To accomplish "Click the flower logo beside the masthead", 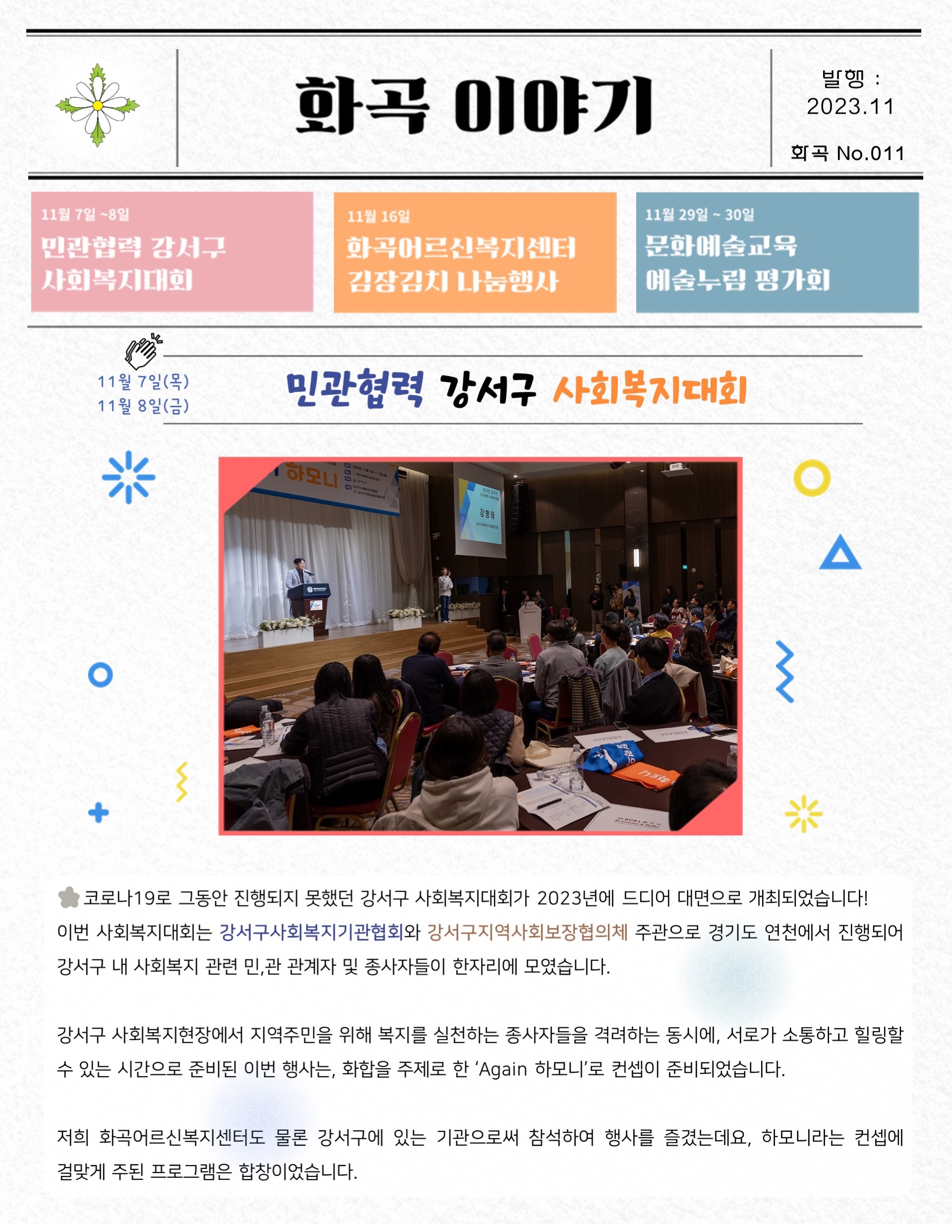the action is tap(98, 105).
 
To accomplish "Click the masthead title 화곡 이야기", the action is tap(474, 105).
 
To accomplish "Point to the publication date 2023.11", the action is tap(850, 107).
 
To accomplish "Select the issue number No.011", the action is tap(870, 153).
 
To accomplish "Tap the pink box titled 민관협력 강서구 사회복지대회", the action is tap(172, 251).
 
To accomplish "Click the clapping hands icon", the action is tap(143, 351).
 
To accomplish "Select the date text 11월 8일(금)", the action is tap(143, 406).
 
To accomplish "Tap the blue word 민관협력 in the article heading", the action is tap(355, 388).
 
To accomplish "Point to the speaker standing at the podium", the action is tap(298, 586).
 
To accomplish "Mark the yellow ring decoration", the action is tap(812, 478).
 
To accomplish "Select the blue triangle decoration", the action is tap(840, 552).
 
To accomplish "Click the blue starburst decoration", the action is tap(128, 477).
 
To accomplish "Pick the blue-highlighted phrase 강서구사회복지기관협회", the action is tap(311, 932).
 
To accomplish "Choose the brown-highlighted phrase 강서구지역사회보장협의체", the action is tap(527, 932).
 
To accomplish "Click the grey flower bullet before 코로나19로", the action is tap(69, 897).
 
